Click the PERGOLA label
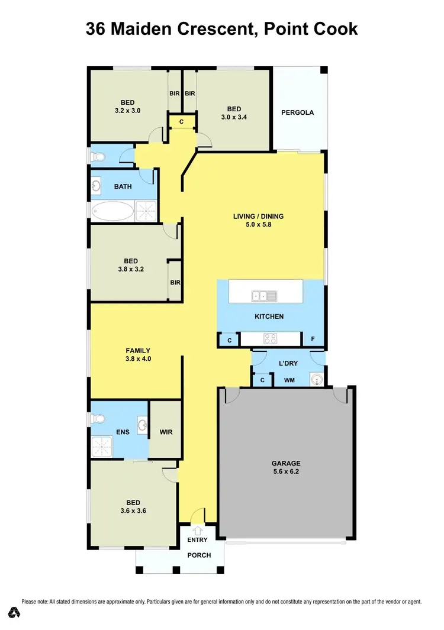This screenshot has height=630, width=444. pyautogui.click(x=298, y=112)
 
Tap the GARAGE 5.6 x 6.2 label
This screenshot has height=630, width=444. pyautogui.click(x=286, y=467)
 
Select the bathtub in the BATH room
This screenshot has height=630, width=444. pyautogui.click(x=112, y=209)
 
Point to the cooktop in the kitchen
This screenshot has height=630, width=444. pyautogui.click(x=270, y=338)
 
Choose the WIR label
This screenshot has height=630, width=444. pyautogui.click(x=166, y=432)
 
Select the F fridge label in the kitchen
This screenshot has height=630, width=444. pyautogui.click(x=313, y=340)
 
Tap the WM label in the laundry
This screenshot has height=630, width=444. pyautogui.click(x=289, y=380)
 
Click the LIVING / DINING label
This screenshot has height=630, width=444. pyautogui.click(x=258, y=220)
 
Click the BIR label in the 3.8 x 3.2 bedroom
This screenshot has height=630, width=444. pyautogui.click(x=175, y=282)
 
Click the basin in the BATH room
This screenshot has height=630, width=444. pyautogui.click(x=97, y=186)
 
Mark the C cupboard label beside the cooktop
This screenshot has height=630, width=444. pyautogui.click(x=229, y=340)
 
